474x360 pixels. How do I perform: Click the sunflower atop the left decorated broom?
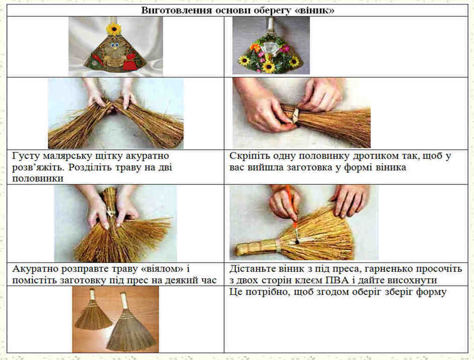click(114, 29)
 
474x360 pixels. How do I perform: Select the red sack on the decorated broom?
click(130, 62)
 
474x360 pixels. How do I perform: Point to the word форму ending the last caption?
click(431, 292)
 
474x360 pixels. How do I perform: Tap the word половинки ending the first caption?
click(38, 178)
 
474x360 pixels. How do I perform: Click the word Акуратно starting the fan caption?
click(34, 269)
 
